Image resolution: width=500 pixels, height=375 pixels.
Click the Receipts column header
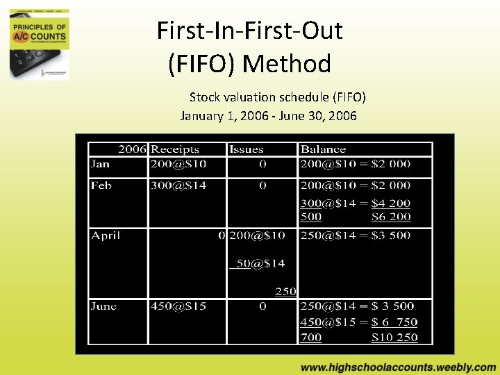[175, 149]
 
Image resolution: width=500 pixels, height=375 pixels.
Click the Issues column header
[247, 149]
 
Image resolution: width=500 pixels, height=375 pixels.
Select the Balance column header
[323, 149]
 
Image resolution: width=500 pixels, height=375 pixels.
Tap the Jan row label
[100, 165]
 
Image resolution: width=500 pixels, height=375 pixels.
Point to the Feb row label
[101, 185]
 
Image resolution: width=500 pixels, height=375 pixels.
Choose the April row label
[106, 235]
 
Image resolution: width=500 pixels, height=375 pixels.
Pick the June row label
[103, 306]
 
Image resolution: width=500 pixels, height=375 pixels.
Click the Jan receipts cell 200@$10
[178, 165]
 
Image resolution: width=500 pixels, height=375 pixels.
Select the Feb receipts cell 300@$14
[178, 185]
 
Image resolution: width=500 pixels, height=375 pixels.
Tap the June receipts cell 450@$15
[178, 306]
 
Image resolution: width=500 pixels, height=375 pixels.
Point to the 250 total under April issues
[285, 292]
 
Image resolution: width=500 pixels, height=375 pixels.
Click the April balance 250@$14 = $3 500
[356, 235]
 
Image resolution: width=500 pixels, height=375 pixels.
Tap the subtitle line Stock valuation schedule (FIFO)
[278, 97]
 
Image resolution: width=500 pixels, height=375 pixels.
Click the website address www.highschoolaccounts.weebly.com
[399, 367]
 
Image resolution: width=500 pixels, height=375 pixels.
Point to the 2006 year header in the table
[133, 149]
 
